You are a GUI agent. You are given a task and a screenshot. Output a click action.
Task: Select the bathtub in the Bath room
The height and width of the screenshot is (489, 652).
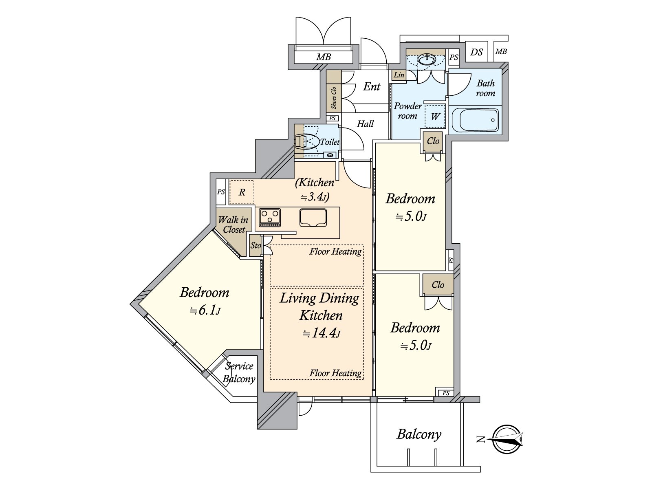coord(475,120)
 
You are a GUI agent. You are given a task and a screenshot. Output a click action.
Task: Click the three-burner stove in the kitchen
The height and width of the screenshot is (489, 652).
coord(270,217)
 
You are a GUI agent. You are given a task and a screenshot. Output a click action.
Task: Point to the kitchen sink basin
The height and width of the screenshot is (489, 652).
coord(313,218)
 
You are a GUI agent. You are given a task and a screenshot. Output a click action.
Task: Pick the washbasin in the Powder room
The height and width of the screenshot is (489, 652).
coord(427,59)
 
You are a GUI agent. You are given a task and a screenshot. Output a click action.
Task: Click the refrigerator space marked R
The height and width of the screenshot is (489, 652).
coord(242,192)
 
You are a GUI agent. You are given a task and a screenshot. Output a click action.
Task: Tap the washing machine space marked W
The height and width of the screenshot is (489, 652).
coord(435,116)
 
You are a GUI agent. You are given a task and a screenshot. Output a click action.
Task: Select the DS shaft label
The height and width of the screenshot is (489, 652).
coord(476,52)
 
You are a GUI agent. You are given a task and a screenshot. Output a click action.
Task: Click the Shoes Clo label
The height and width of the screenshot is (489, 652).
coord(334,98)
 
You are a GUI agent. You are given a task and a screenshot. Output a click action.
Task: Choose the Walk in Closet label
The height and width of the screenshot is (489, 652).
coord(233,225)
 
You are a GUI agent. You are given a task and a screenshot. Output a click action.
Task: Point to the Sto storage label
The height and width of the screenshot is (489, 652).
coord(256,245)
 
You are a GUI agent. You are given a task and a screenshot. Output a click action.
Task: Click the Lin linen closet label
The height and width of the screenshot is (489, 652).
coord(399,75)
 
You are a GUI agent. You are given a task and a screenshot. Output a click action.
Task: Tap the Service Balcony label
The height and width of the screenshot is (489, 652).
coord(239,372)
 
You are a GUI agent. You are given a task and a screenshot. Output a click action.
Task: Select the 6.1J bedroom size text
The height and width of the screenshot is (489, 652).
coord(205,311)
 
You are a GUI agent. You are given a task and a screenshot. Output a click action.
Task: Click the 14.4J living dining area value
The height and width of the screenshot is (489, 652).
coord(321,333)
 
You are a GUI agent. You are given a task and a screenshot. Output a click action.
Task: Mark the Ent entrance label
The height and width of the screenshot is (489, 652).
coord(372,86)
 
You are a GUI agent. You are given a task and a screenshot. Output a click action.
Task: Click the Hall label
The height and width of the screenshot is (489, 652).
coord(365,123)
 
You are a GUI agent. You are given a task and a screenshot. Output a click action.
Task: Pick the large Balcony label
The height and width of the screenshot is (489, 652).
coord(419,434)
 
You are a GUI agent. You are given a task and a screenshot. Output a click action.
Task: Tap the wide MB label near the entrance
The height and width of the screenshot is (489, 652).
coord(324,57)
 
